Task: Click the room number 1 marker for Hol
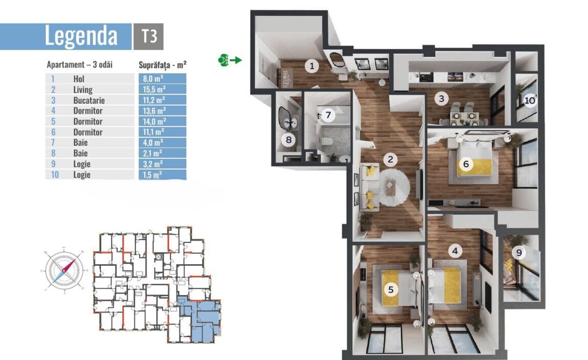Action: click(x=311, y=66)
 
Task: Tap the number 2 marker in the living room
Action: click(x=390, y=160)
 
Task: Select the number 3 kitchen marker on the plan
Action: click(x=441, y=99)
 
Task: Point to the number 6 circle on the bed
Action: click(x=466, y=164)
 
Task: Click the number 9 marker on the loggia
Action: click(x=519, y=253)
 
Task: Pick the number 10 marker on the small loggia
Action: click(x=530, y=101)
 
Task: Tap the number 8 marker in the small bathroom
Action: click(x=288, y=140)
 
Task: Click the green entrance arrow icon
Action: click(x=230, y=60)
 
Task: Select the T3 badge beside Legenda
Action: click(x=148, y=36)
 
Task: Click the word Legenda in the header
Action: click(x=81, y=36)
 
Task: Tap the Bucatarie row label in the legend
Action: click(x=89, y=100)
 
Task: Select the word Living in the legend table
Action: click(x=83, y=89)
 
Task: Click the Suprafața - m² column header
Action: click(x=163, y=65)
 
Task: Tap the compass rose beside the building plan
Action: click(x=64, y=270)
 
